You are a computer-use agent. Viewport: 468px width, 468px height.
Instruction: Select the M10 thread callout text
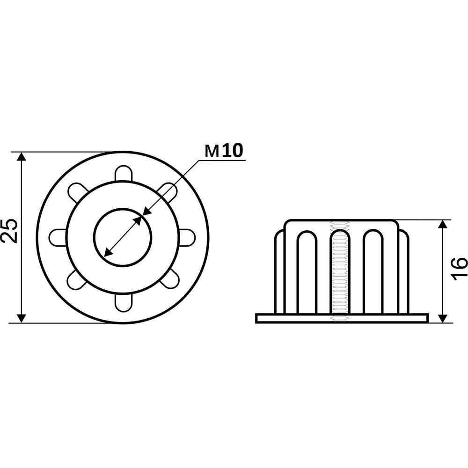(x=224, y=151)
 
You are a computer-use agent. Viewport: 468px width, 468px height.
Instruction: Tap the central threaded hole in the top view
(x=123, y=238)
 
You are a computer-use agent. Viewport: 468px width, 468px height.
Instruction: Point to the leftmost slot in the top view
(x=58, y=238)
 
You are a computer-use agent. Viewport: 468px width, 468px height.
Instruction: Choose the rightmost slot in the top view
(x=187, y=238)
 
